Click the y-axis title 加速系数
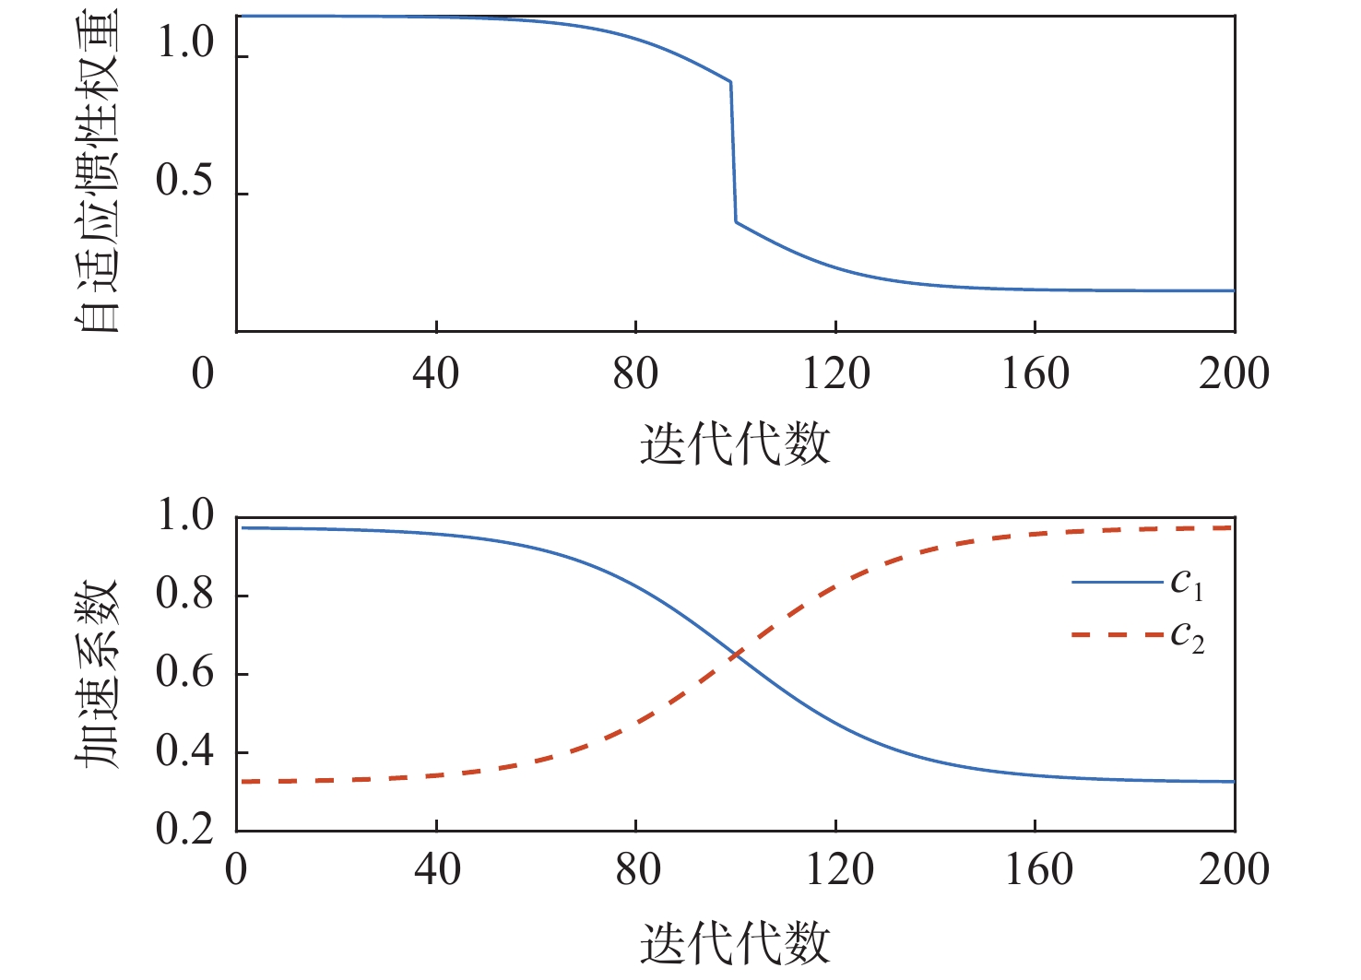coord(97,675)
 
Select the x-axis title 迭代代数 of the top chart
coord(735,444)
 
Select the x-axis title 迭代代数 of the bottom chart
coord(735,942)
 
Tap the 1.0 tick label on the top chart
coord(185,42)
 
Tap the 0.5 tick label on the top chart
coord(185,181)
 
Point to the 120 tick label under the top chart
coord(835,374)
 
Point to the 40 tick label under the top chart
coord(436,374)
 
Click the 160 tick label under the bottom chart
coord(1036,870)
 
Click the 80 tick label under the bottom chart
coord(637,870)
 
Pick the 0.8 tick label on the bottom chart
coord(185,595)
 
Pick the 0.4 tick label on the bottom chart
coord(185,752)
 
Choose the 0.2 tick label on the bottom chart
coord(185,829)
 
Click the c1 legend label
coord(1187,584)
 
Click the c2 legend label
coord(1187,637)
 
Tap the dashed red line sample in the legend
coord(1117,635)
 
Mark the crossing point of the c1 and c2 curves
coord(736,655)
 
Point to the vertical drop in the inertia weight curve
coord(734,152)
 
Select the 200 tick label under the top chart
coord(1234,374)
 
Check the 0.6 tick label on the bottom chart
coord(185,673)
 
